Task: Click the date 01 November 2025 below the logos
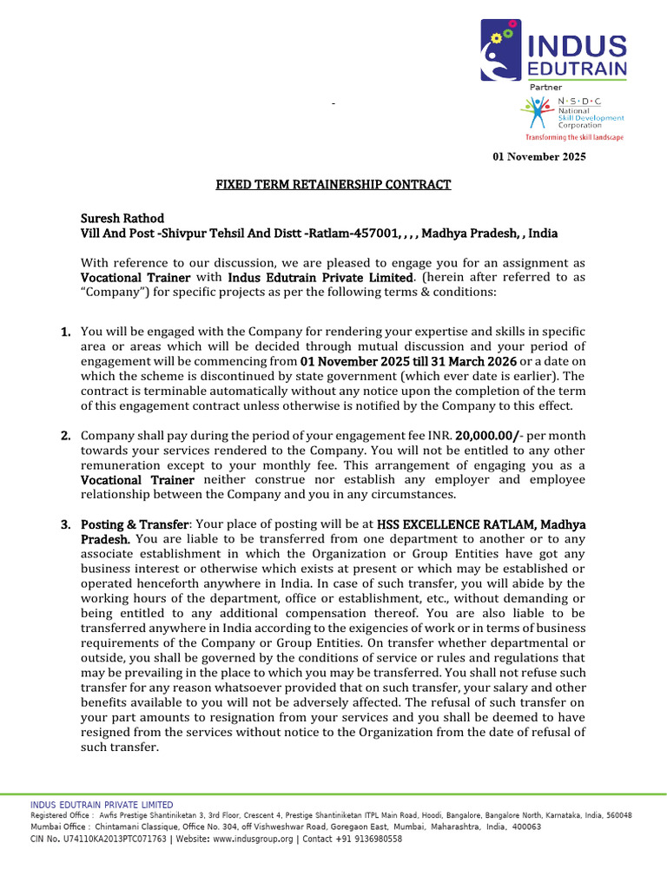click(x=539, y=157)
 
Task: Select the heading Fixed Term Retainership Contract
click(x=333, y=185)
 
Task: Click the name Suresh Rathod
click(x=122, y=218)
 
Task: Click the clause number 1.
click(x=65, y=332)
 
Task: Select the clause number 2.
click(x=65, y=435)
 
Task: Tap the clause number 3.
click(x=65, y=524)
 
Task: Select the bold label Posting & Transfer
click(x=135, y=524)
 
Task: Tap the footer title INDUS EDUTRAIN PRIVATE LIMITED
click(x=102, y=805)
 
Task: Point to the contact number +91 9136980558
click(x=366, y=840)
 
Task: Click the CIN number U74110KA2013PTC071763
click(x=110, y=840)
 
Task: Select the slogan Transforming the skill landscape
click(x=573, y=137)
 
